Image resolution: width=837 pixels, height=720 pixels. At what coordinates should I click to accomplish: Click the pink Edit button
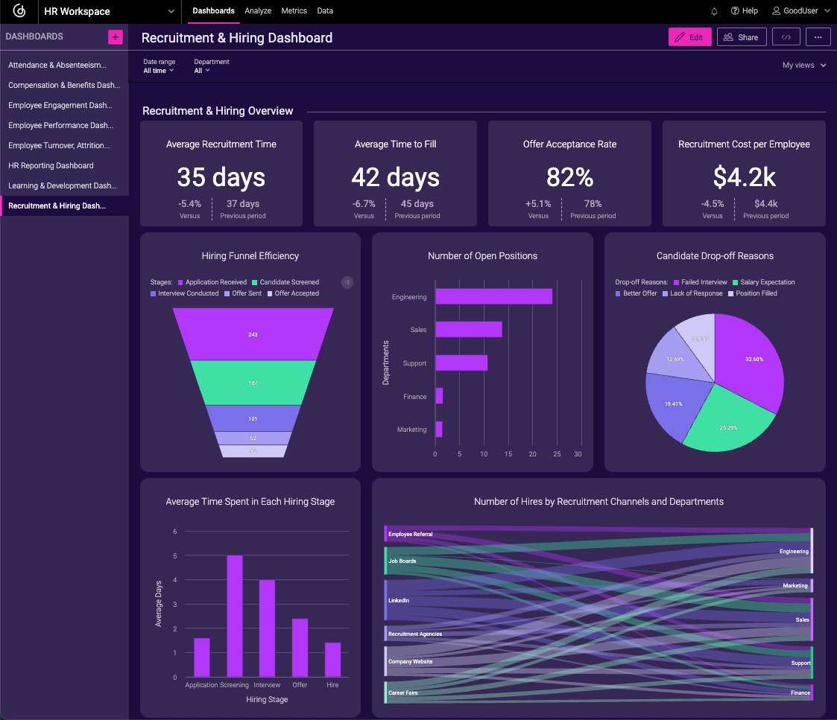(x=689, y=37)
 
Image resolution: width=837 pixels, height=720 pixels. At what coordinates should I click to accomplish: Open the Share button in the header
(x=741, y=37)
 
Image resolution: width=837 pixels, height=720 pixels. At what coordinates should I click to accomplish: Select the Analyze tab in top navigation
(x=258, y=11)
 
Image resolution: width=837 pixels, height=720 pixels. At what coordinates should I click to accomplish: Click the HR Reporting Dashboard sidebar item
(x=51, y=165)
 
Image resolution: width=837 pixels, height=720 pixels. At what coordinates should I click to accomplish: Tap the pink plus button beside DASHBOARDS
(x=116, y=37)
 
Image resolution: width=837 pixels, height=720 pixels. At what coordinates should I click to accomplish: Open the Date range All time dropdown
(x=158, y=71)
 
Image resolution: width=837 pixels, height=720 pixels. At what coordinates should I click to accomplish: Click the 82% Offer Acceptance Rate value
(x=569, y=177)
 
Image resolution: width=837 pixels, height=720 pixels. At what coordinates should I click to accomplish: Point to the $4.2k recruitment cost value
(x=744, y=177)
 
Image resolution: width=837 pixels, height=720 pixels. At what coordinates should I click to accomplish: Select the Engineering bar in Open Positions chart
(x=493, y=296)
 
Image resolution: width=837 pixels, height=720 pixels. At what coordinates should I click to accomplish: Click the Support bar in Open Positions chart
(x=461, y=363)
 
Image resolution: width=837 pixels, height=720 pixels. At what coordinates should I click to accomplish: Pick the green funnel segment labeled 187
(x=253, y=383)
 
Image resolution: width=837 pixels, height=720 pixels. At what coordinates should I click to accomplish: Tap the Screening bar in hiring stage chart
(x=235, y=616)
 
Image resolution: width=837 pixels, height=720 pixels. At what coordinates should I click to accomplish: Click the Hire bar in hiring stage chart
(x=332, y=659)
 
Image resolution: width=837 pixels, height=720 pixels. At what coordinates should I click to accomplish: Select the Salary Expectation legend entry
(x=767, y=282)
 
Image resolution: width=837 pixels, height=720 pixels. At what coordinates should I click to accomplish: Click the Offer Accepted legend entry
(x=296, y=293)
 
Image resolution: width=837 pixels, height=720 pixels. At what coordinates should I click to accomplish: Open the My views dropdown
(x=803, y=66)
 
